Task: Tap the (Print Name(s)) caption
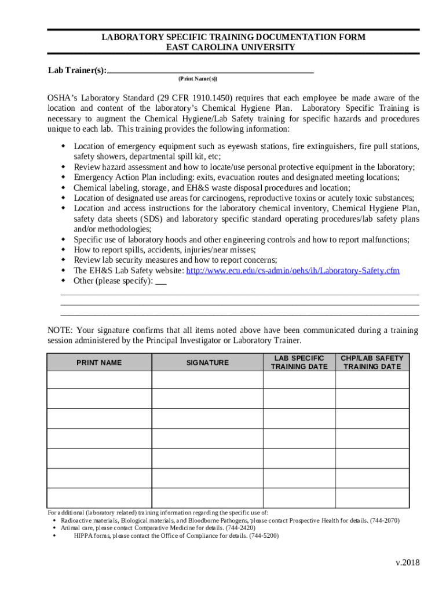click(x=198, y=78)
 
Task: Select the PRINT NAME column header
click(x=99, y=363)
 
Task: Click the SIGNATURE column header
click(x=207, y=363)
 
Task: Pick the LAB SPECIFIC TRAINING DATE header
click(x=299, y=363)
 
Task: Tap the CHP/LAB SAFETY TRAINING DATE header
click(x=372, y=363)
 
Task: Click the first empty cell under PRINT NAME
click(x=99, y=379)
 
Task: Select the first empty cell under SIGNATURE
click(x=207, y=379)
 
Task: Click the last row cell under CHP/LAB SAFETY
click(x=372, y=498)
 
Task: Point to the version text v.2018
click(x=408, y=563)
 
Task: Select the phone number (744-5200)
click(x=264, y=536)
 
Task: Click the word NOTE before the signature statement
click(x=59, y=330)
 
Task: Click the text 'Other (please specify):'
click(x=113, y=281)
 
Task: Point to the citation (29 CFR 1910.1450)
click(x=195, y=97)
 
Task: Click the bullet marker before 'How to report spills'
click(x=63, y=250)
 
